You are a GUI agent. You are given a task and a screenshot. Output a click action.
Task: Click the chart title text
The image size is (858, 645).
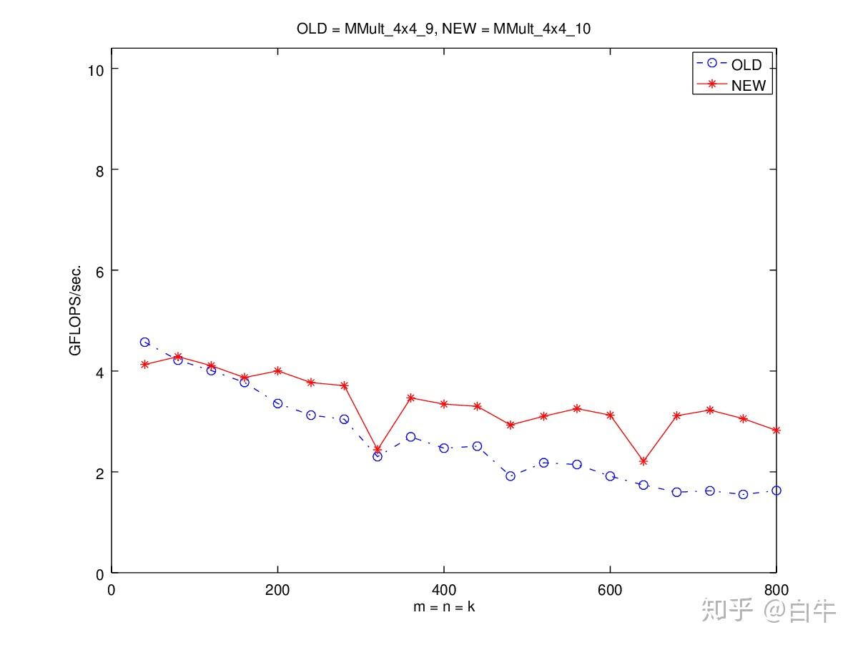click(x=443, y=29)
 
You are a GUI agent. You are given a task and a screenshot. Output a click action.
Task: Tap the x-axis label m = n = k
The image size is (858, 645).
click(x=443, y=606)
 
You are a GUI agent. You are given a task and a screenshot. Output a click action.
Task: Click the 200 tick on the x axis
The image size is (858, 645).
click(x=277, y=590)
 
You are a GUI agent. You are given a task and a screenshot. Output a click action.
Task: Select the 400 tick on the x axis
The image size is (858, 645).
click(x=443, y=590)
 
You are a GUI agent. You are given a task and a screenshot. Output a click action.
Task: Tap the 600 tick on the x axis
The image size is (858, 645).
click(x=610, y=590)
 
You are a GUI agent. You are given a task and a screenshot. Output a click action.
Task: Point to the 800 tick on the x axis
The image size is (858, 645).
click(x=776, y=590)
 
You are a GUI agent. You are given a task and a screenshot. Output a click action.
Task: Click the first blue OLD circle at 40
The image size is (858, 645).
click(x=144, y=343)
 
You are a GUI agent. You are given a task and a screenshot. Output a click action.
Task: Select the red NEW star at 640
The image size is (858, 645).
click(x=643, y=461)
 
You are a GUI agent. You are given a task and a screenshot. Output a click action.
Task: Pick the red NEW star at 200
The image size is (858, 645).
click(x=277, y=370)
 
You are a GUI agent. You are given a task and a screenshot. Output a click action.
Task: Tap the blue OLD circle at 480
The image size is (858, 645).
click(x=511, y=476)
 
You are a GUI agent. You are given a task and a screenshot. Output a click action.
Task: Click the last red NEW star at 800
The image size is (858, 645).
click(x=776, y=430)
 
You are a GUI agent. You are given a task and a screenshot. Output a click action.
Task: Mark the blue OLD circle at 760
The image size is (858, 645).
click(x=743, y=494)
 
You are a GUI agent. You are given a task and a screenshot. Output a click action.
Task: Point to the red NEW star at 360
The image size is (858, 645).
click(x=410, y=398)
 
